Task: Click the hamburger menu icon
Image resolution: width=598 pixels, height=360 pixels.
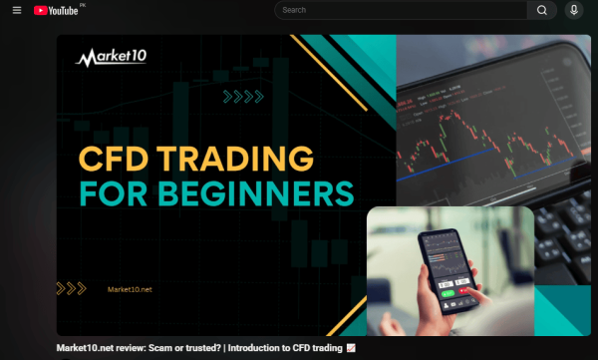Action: click(x=16, y=10)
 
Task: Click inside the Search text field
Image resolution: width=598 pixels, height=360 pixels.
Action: click(x=399, y=10)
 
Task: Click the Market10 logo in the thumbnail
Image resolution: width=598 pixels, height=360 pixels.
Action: click(x=112, y=57)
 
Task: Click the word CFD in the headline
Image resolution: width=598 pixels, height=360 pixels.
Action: click(x=112, y=157)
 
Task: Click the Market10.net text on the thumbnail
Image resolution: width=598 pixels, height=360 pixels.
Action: click(x=130, y=289)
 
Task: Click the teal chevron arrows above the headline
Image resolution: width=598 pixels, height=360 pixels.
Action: click(x=243, y=97)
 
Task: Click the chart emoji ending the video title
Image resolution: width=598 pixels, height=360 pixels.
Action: click(x=350, y=349)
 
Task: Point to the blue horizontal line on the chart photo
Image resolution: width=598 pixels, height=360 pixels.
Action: click(x=478, y=175)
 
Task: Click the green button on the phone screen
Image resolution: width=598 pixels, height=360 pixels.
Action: click(x=448, y=294)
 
